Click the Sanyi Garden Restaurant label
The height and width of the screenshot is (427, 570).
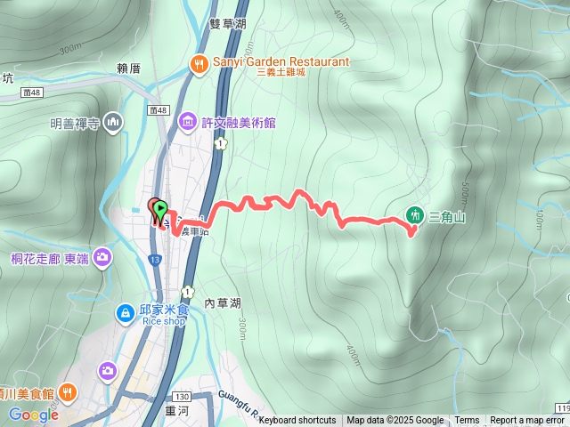coord(280,61)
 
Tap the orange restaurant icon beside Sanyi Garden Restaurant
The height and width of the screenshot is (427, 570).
coord(199,62)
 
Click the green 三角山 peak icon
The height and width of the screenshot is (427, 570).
coord(414,214)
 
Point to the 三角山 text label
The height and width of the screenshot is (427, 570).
coord(447,215)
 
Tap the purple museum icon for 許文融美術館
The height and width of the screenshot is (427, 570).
coord(187,120)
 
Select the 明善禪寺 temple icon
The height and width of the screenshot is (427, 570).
coord(112,121)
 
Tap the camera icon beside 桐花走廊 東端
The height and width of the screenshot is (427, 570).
coord(102,258)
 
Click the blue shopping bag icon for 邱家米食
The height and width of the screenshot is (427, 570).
coord(126,313)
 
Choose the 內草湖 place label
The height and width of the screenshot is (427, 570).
coord(222,302)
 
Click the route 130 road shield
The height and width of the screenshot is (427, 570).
coord(183,396)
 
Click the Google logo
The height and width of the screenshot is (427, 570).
coord(33,415)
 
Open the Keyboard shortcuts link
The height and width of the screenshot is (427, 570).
coord(297,421)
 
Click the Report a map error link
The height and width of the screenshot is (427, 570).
coord(527,421)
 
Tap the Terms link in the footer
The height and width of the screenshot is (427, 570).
coord(467,421)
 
